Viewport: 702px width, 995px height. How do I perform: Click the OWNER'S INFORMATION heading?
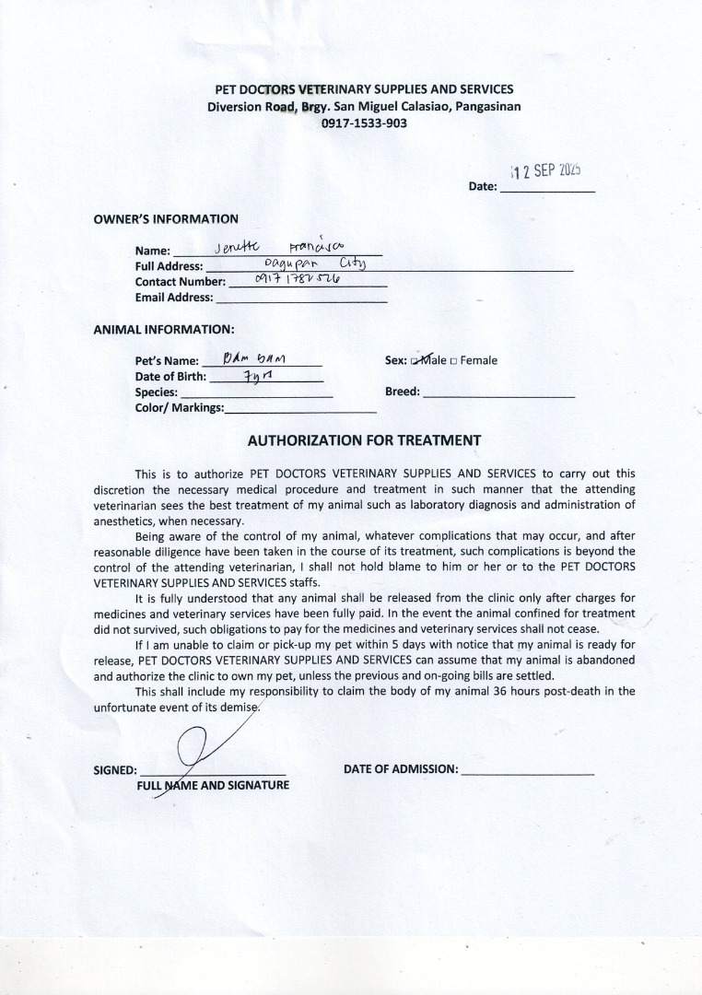click(166, 219)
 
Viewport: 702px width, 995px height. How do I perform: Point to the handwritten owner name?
click(277, 247)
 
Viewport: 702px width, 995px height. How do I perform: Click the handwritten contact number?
click(291, 280)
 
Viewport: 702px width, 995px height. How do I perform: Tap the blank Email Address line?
click(300, 298)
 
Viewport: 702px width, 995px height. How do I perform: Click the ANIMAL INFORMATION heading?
click(164, 329)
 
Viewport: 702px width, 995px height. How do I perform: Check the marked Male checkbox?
click(415, 361)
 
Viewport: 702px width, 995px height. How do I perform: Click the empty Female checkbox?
click(453, 361)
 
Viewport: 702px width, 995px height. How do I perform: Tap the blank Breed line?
click(498, 392)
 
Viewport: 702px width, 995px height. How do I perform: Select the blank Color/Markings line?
click(300, 408)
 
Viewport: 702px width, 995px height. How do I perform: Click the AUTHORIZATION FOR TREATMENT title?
click(364, 440)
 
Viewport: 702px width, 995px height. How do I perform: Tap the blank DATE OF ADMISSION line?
click(527, 770)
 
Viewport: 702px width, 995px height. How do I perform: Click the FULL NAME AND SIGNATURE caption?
click(213, 786)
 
